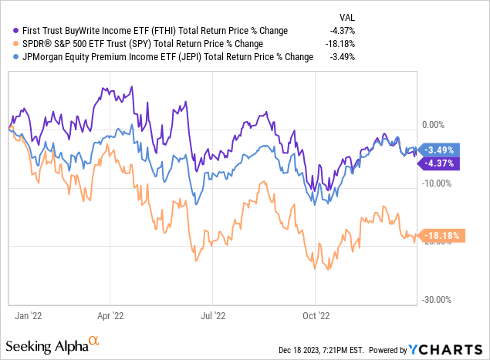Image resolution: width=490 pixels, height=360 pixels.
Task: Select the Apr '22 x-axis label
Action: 110,315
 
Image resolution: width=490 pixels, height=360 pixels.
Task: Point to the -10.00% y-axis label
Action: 436,183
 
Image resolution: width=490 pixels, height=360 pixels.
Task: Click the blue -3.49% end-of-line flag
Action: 441,150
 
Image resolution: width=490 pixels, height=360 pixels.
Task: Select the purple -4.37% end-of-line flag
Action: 441,163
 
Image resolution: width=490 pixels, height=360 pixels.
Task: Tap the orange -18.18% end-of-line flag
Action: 443,236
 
